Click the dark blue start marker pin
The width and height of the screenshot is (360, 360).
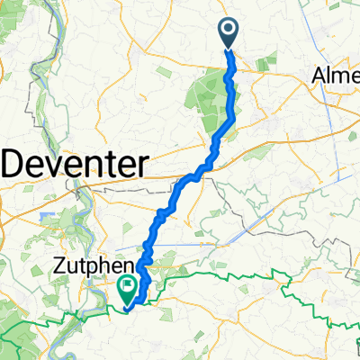tap(227, 34)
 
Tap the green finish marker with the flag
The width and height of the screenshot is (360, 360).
tap(128, 289)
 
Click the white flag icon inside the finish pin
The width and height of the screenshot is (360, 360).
tap(128, 287)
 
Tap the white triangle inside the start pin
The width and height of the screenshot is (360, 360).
tap(227, 32)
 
